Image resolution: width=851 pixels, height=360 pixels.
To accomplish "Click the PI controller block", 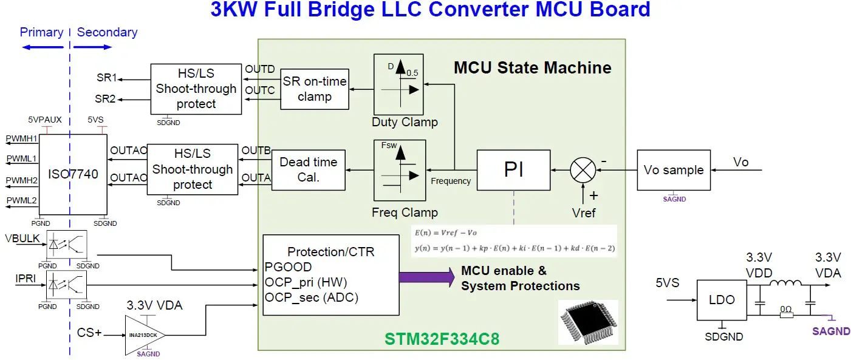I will coord(513,171).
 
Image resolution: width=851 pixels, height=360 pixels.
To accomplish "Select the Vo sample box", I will coord(673,171).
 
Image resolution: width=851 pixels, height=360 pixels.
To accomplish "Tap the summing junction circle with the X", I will coord(583,171).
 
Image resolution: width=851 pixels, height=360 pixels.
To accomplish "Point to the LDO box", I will coord(722,300).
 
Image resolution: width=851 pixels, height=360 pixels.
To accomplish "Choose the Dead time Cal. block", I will coord(308,170).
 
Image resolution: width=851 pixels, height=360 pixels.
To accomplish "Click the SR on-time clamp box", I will coord(315,89).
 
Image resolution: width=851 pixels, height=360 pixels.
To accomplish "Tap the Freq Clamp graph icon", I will coord(399,170).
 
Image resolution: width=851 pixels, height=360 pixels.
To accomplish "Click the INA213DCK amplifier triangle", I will coord(143,335).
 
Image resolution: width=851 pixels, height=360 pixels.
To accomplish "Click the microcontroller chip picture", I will coord(587,322).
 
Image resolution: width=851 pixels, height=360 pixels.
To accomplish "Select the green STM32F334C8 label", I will coord(442,339).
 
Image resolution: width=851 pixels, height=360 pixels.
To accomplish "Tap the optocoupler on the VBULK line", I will coord(67,245).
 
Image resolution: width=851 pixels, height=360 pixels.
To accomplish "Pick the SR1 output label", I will coord(106,78).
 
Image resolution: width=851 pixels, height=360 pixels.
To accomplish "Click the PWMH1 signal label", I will coord(21,139).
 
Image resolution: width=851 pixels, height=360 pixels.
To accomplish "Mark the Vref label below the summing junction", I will coord(584,212).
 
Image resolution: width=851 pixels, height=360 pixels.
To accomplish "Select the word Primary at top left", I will coord(41,32).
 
